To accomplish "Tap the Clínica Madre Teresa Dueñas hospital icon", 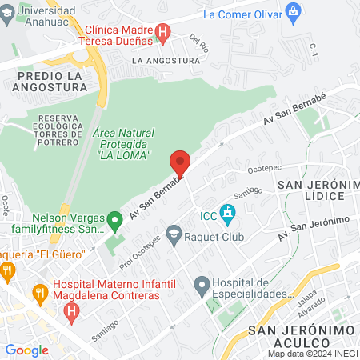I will (x=163, y=33).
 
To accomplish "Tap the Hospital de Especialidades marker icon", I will (x=202, y=284).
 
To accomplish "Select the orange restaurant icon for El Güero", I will (x=7, y=270).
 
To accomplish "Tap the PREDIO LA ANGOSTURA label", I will (x=49, y=82).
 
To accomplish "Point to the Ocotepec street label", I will (x=265, y=170).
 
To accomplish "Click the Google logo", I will (x=26, y=350).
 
